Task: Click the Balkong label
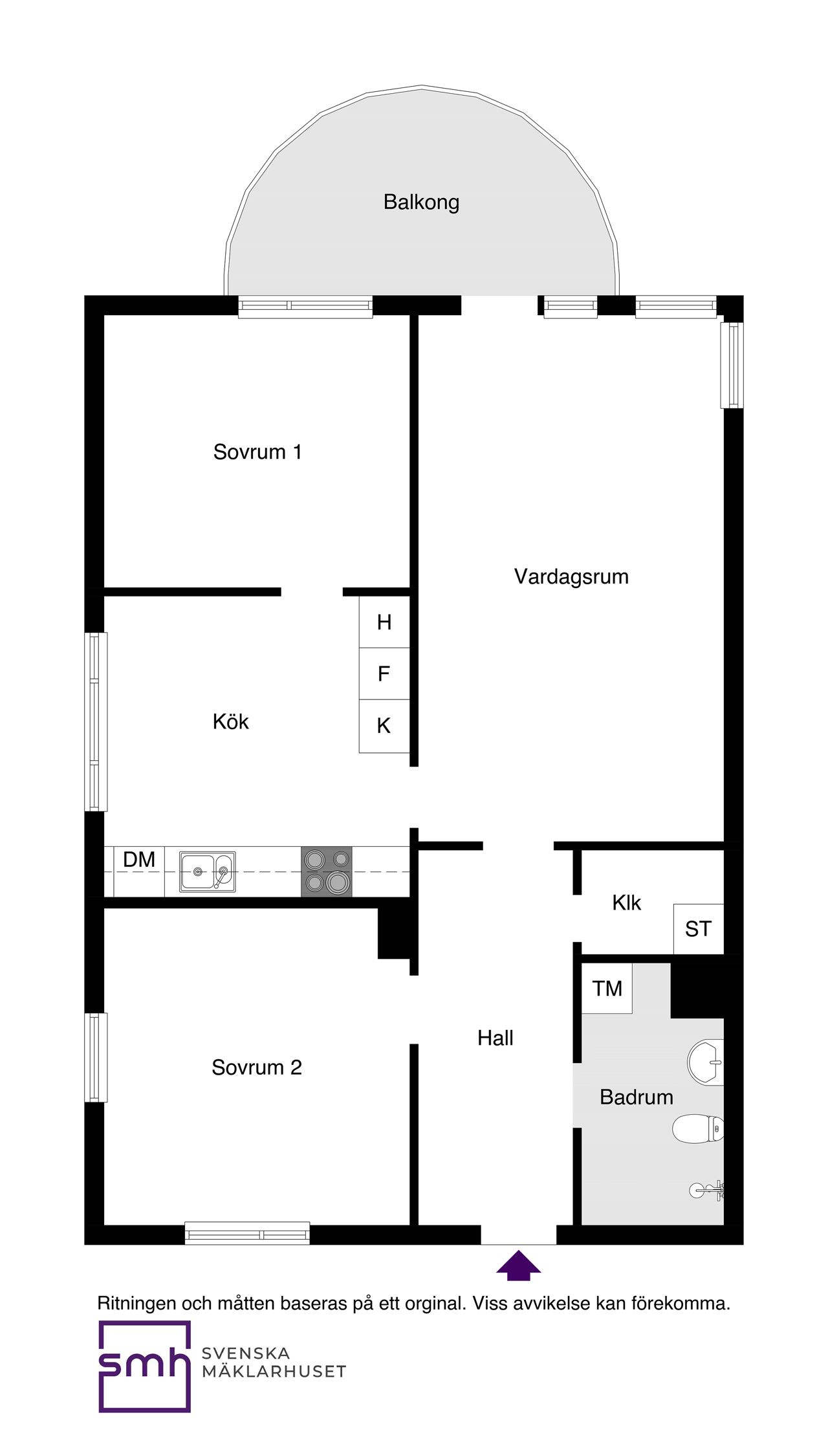tap(421, 202)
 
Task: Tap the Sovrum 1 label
tap(257, 452)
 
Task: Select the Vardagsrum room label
tap(571, 576)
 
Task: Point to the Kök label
tap(230, 721)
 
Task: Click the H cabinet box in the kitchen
tap(384, 622)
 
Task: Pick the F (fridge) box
tap(384, 674)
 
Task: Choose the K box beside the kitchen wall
tap(384, 726)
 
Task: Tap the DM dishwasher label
tap(139, 859)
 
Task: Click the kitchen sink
tap(207, 871)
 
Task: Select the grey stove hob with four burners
tap(327, 871)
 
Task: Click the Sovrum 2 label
tap(257, 1067)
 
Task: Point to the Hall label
tap(495, 1038)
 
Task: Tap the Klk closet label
tap(626, 903)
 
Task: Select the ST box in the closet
tap(698, 929)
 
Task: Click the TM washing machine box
tap(607, 988)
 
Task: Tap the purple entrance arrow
tap(518, 1265)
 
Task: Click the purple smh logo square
tap(144, 1366)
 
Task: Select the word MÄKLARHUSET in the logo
tap(274, 1371)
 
